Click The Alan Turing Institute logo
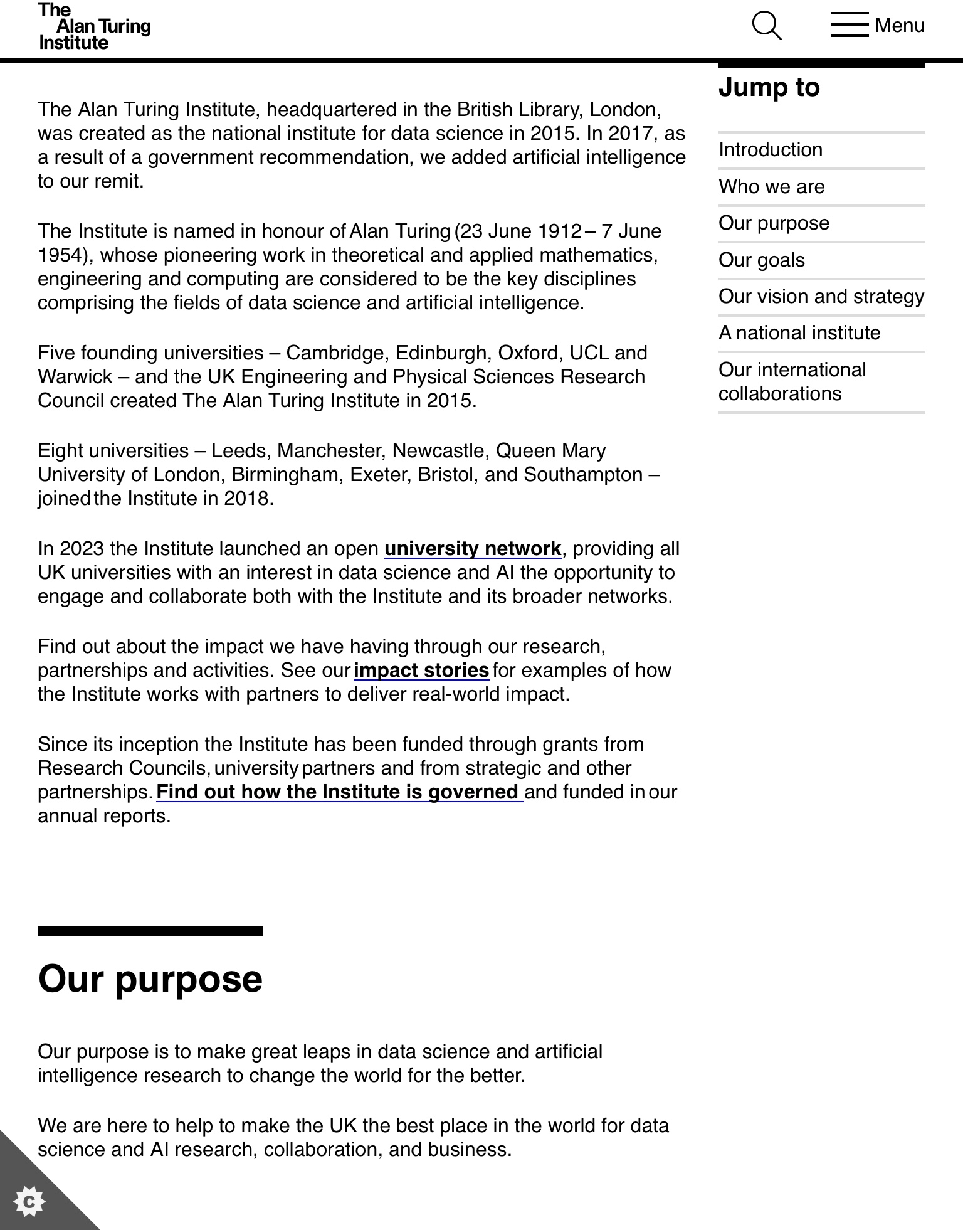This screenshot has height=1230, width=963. [94, 26]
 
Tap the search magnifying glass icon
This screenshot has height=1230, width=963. [766, 26]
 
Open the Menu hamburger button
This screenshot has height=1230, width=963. [878, 26]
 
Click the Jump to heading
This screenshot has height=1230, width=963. [769, 87]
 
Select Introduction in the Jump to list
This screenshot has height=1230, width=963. [770, 150]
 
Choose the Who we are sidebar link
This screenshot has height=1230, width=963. [771, 187]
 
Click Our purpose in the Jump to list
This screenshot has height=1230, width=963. [774, 223]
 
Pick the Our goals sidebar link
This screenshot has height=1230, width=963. [761, 260]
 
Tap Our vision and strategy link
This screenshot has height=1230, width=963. [821, 297]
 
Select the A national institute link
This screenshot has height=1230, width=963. [799, 333]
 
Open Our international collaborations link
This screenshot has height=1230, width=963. [792, 381]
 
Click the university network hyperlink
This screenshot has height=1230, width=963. [473, 549]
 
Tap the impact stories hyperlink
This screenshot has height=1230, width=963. [421, 671]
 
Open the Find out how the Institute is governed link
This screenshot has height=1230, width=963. [339, 792]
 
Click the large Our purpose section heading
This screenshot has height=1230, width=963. [150, 979]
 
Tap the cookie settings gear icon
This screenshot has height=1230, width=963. [29, 1202]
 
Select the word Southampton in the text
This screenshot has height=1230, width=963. [583, 475]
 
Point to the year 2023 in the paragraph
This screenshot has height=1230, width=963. [82, 549]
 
